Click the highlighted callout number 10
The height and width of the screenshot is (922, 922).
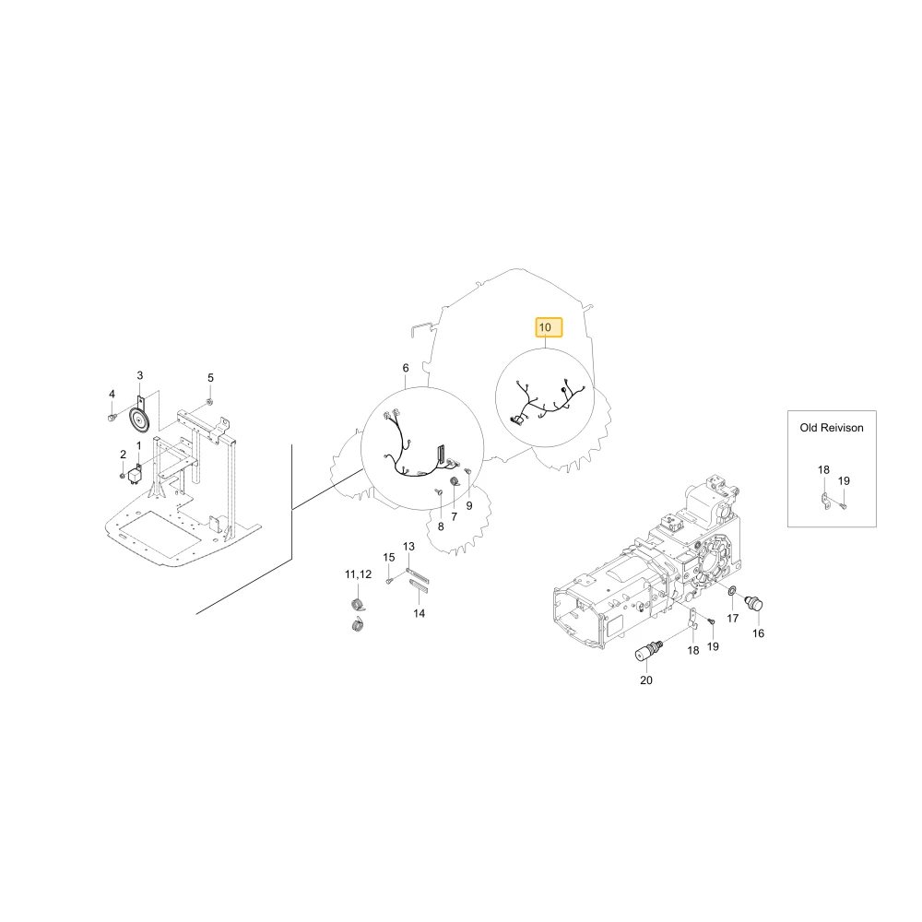[545, 327]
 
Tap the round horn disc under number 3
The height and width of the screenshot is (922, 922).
[140, 420]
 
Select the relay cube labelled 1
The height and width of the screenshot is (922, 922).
[136, 474]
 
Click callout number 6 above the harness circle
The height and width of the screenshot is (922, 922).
[406, 368]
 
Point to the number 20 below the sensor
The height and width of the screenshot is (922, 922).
[645, 680]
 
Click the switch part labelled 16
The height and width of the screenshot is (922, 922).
[753, 603]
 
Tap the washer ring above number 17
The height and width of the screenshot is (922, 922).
[731, 590]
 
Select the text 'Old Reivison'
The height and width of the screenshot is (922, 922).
[832, 428]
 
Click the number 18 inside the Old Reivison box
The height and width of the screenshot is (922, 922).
[823, 470]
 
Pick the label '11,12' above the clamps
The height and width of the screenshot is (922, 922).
[358, 574]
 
